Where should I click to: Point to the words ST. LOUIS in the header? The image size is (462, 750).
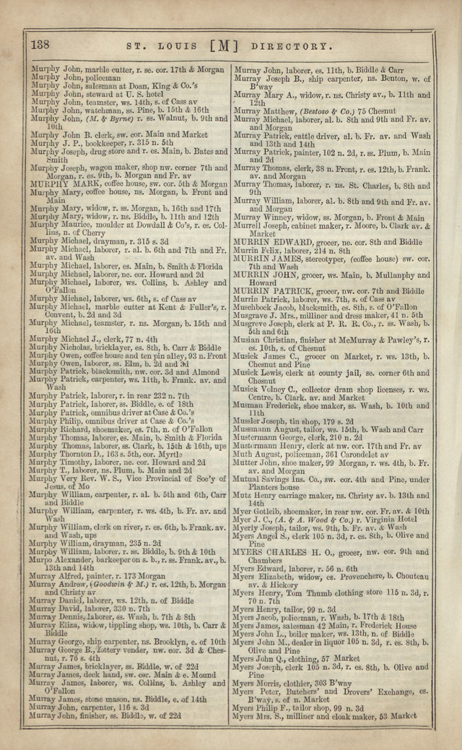tap(157, 47)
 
